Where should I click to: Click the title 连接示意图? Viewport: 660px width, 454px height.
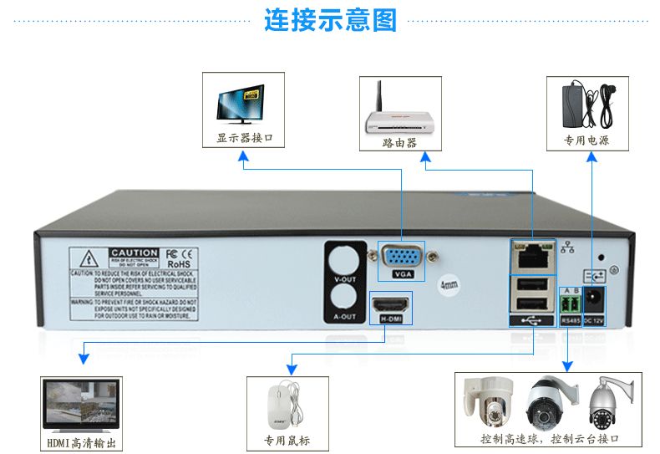tap(330, 19)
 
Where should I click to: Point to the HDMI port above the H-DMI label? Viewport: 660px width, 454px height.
tap(390, 303)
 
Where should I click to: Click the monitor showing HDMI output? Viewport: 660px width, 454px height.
tap(81, 406)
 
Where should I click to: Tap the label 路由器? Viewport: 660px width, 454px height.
tap(399, 143)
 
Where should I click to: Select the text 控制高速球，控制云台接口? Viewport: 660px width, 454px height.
tap(549, 438)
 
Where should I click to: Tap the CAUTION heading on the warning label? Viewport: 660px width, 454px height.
tap(134, 253)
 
